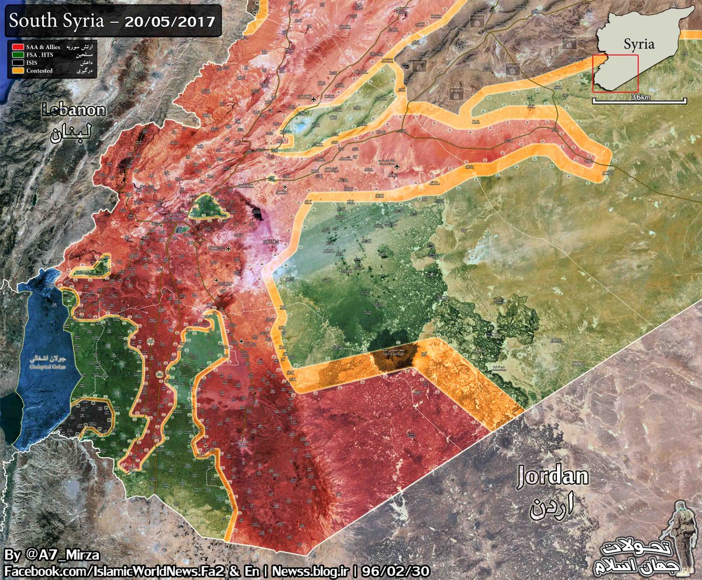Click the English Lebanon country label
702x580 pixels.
(x=73, y=110)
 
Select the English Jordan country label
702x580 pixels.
(x=553, y=477)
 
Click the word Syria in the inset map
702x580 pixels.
(x=638, y=44)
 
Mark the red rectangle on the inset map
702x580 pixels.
(x=615, y=74)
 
